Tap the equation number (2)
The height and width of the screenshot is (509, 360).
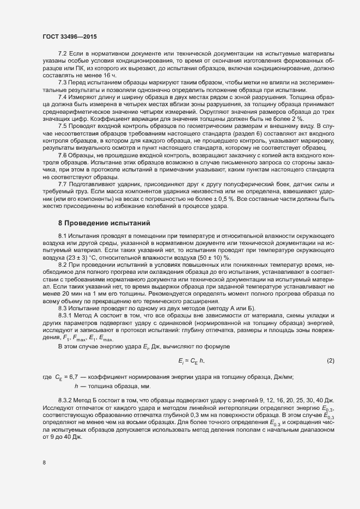(x=330, y=361)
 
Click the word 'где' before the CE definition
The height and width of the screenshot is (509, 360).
(x=46, y=377)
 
